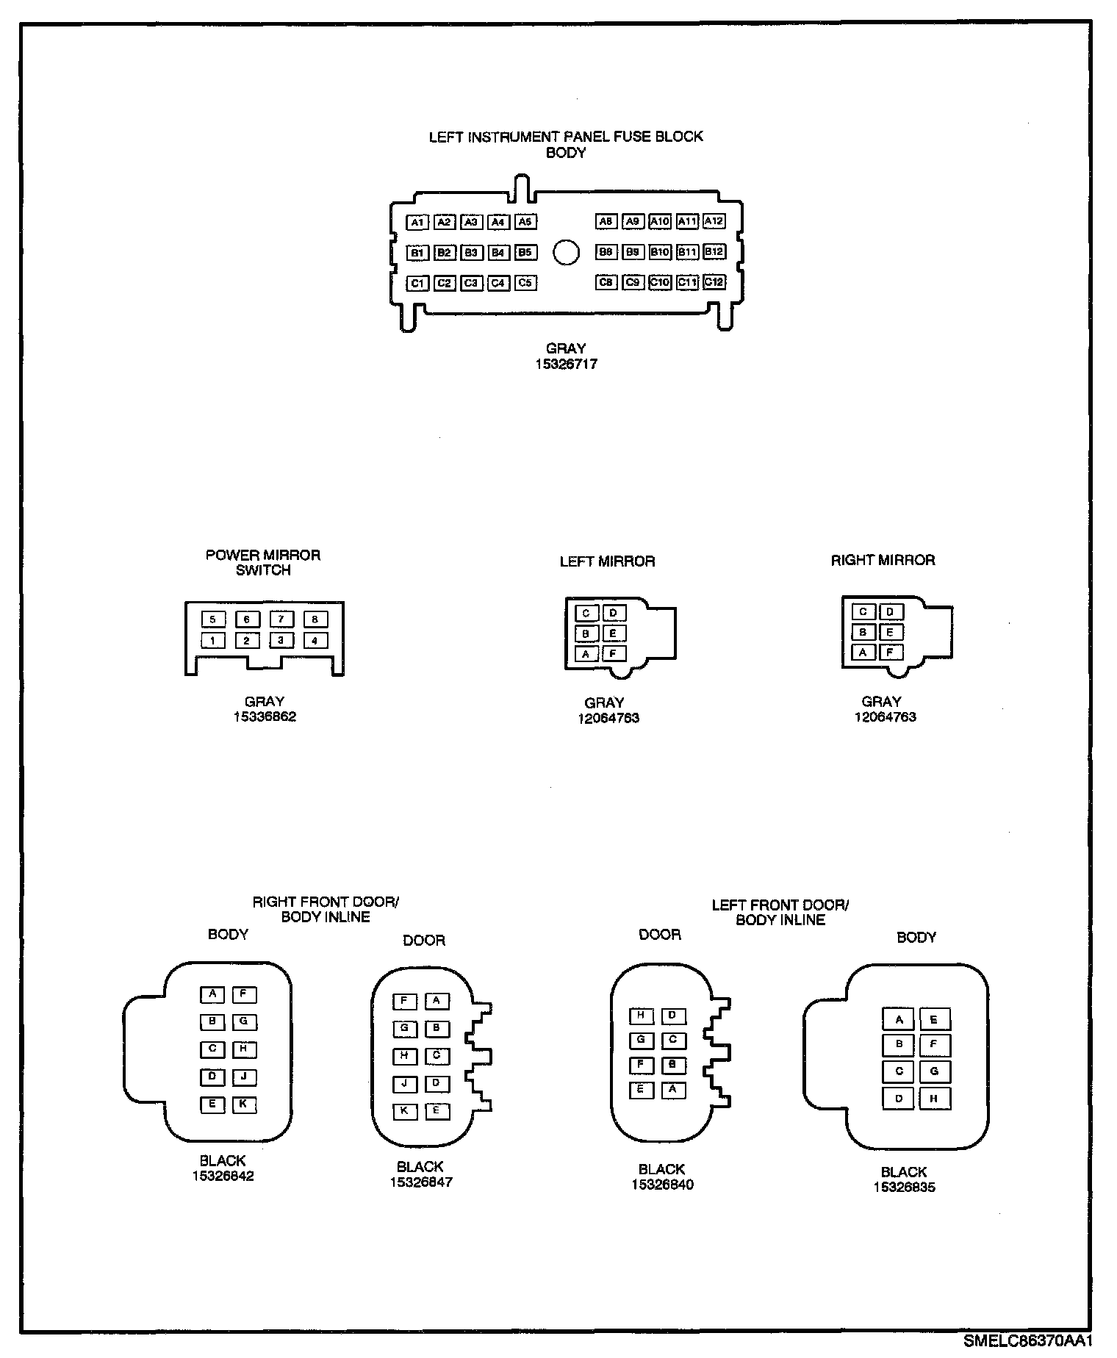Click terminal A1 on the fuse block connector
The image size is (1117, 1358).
(x=417, y=222)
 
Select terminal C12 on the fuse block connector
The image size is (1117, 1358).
(x=714, y=282)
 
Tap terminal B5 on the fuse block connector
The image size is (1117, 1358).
(x=525, y=253)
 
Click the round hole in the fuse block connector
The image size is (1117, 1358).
(x=566, y=252)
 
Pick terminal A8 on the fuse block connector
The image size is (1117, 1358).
(x=606, y=221)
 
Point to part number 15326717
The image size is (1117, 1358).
(x=566, y=364)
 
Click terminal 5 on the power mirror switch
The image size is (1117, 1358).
(x=212, y=619)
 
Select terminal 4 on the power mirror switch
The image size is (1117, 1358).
(x=315, y=641)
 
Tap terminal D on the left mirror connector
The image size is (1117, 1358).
(x=614, y=613)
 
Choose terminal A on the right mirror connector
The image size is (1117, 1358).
(x=863, y=652)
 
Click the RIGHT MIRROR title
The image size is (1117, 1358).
(x=883, y=561)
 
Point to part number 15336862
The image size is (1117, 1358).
(x=265, y=716)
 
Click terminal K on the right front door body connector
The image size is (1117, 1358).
(x=244, y=1104)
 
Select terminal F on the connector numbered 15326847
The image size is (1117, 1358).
(x=404, y=1001)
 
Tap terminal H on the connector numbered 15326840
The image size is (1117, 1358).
(x=641, y=1016)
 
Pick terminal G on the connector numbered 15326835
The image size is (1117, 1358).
(x=934, y=1071)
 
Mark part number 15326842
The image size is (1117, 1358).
(x=223, y=1176)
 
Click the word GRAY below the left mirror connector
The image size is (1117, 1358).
(x=604, y=703)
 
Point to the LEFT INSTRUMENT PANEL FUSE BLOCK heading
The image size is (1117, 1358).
(x=566, y=137)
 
